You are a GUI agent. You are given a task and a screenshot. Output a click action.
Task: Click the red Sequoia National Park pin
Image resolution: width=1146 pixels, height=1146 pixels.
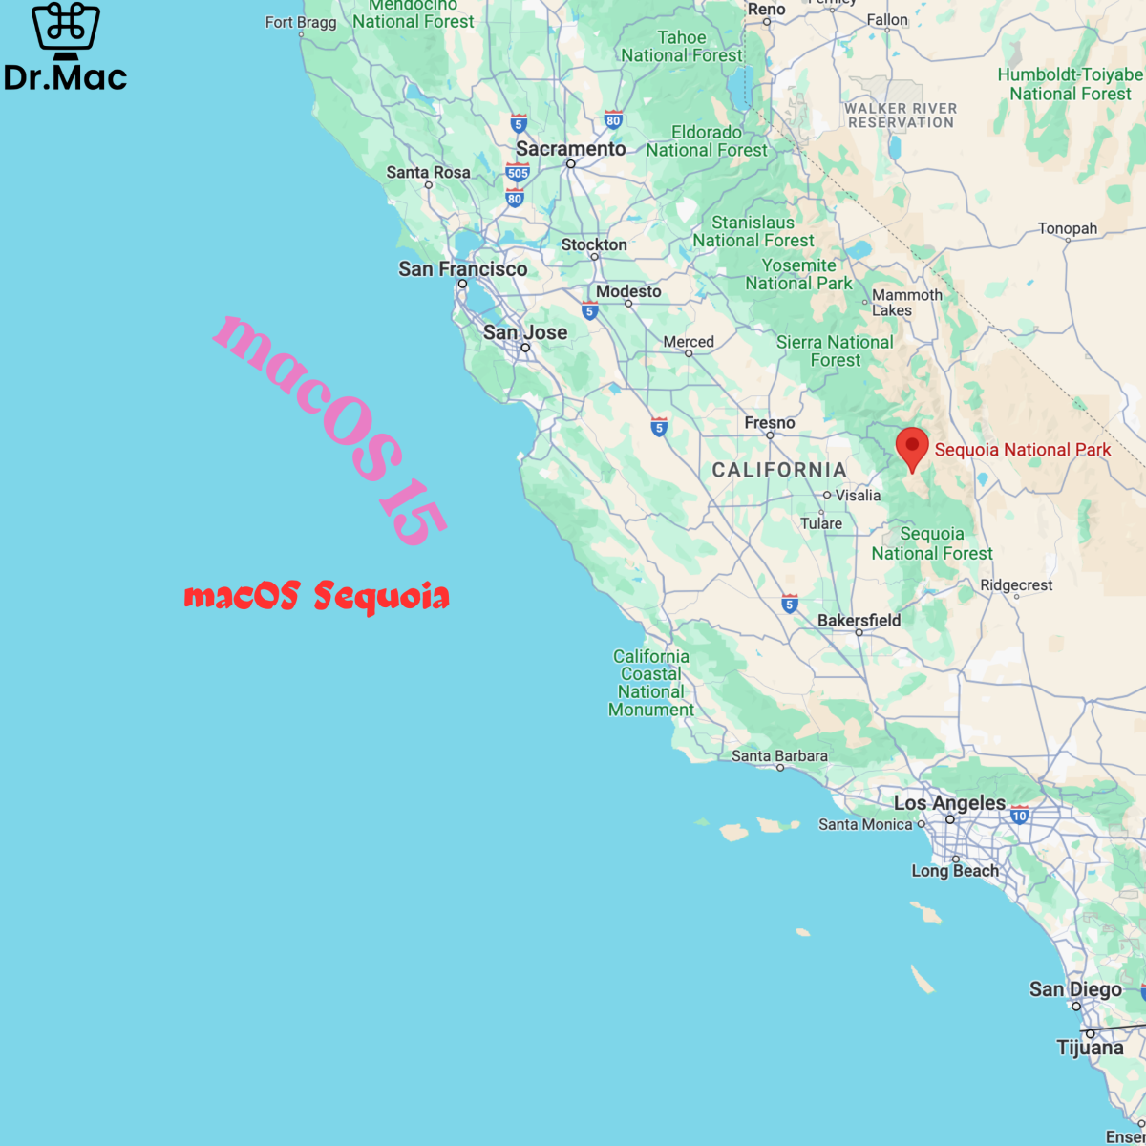pyautogui.click(x=912, y=447)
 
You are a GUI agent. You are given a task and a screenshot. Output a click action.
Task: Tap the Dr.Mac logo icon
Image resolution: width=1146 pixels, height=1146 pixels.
pyautogui.click(x=65, y=29)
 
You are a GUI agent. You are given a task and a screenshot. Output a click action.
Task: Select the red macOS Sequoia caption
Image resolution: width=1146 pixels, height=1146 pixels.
pyautogui.click(x=316, y=596)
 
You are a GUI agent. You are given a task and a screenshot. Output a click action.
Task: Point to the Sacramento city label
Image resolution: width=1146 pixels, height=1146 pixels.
pyautogui.click(x=571, y=149)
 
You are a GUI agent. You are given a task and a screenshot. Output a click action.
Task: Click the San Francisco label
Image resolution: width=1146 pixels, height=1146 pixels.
pyautogui.click(x=463, y=269)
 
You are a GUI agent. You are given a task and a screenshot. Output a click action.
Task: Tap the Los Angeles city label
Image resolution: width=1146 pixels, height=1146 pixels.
pyautogui.click(x=949, y=803)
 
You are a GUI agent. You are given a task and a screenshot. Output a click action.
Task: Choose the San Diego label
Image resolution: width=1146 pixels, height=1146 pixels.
pyautogui.click(x=1075, y=989)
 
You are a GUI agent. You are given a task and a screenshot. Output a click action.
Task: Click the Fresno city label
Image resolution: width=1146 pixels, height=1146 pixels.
pyautogui.click(x=770, y=423)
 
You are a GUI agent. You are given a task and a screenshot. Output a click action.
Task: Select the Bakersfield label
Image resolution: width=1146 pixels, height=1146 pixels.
pyautogui.click(x=859, y=621)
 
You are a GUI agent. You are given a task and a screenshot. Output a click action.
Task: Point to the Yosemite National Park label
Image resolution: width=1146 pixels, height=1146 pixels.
pyautogui.click(x=798, y=274)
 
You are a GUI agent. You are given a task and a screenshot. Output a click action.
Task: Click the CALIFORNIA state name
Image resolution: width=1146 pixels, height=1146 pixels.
pyautogui.click(x=779, y=470)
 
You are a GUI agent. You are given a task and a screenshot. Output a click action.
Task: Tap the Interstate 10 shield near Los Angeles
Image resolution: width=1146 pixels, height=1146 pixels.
pyautogui.click(x=1019, y=816)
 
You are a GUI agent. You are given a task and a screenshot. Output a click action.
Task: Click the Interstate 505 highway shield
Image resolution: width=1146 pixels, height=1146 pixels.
pyautogui.click(x=518, y=173)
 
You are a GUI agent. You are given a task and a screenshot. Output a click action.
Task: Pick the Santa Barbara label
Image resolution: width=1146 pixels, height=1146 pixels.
pyautogui.click(x=779, y=756)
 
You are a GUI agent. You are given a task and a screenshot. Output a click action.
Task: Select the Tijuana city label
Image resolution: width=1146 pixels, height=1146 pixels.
pyautogui.click(x=1090, y=1048)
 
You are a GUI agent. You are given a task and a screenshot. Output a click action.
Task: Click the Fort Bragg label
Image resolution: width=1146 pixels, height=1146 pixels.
pyautogui.click(x=301, y=22)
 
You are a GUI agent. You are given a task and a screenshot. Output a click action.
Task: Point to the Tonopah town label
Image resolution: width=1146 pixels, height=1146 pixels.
pyautogui.click(x=1068, y=229)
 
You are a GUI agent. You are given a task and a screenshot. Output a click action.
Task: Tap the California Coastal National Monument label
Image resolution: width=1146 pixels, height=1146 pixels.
pyautogui.click(x=651, y=683)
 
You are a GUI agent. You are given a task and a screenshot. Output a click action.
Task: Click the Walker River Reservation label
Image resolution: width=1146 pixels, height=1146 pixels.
pyautogui.click(x=901, y=116)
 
